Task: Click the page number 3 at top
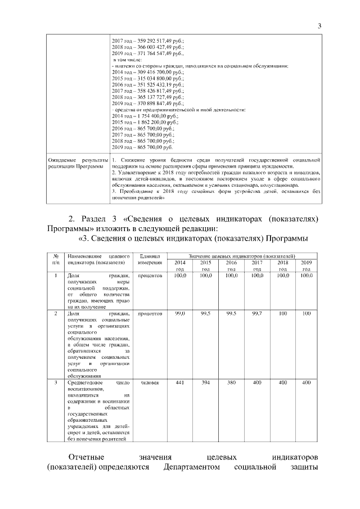click(x=319, y=26)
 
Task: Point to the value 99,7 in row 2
click(x=256, y=313)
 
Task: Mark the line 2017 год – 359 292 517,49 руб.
click(x=148, y=40)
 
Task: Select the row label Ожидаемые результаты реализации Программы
click(x=75, y=163)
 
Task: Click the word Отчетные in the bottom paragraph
click(x=87, y=456)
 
